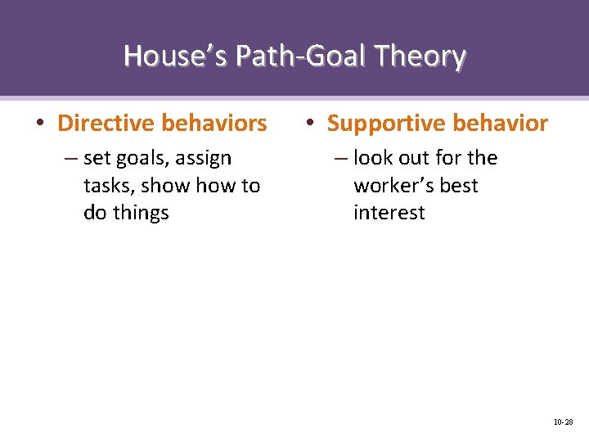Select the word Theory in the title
(421, 56)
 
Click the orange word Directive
(106, 124)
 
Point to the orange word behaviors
(214, 124)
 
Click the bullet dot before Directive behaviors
(40, 124)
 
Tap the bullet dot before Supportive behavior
(310, 124)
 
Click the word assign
(205, 158)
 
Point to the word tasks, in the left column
(109, 186)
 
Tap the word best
(461, 186)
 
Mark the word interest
(389, 213)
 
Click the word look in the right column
(373, 158)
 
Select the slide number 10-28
(563, 422)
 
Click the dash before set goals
(71, 158)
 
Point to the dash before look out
(341, 158)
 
